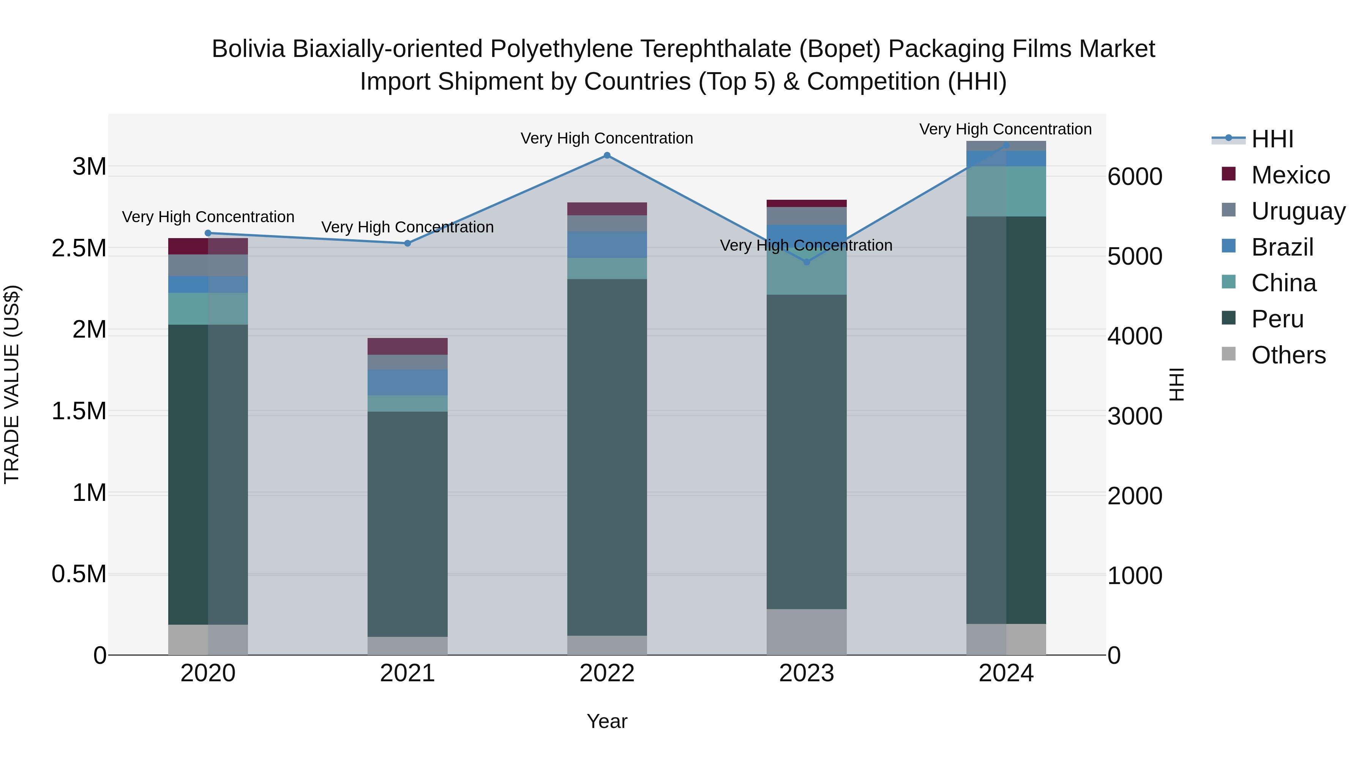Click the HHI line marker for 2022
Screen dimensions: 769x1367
[607, 155]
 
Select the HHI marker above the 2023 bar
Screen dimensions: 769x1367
[807, 262]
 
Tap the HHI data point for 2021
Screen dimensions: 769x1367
[407, 243]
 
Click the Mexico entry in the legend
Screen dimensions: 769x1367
[1290, 175]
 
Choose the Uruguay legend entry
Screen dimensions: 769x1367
[1298, 211]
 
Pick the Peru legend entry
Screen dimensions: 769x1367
[1277, 319]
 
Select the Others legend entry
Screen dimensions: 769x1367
[1288, 355]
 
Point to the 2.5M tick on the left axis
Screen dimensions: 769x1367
[79, 248]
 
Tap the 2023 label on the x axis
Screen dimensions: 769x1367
[807, 673]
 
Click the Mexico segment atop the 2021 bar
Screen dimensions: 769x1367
[407, 346]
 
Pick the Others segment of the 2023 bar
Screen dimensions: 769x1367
[807, 632]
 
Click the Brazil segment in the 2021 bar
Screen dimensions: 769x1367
[407, 382]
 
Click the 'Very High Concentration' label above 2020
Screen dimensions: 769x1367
[208, 217]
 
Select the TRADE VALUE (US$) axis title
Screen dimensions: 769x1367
[12, 384]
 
